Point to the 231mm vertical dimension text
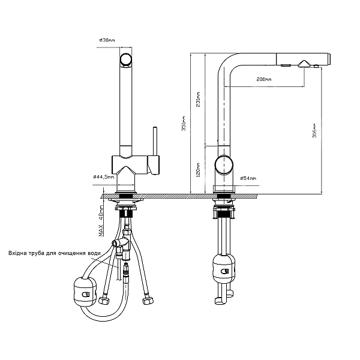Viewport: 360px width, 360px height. click(198, 100)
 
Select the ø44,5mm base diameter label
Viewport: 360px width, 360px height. click(104, 177)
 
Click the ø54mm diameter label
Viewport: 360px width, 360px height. click(248, 178)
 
